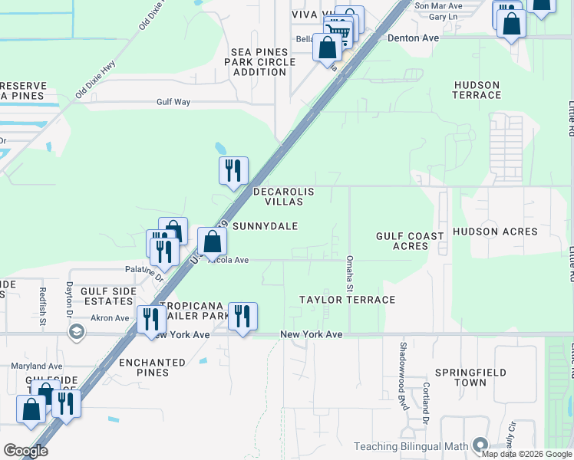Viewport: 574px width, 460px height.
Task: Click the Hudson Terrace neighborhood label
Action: pos(477,90)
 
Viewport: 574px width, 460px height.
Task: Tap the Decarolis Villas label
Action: pos(283,196)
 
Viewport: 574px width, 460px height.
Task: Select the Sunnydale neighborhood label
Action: pos(265,226)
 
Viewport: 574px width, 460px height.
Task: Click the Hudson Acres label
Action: pos(495,231)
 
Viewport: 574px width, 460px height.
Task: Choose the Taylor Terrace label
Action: pos(347,300)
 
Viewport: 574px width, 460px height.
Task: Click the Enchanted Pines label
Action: pos(152,367)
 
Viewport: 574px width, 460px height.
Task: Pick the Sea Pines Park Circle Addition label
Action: pos(259,62)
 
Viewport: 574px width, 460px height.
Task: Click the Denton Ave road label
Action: pos(413,37)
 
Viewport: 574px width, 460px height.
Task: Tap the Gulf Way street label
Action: pos(173,100)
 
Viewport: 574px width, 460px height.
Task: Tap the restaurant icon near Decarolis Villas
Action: pos(233,171)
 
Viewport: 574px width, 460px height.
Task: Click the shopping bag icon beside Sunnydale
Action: pos(213,242)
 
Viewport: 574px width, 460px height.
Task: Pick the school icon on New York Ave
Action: pos(76,331)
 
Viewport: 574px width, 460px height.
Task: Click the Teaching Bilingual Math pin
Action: pos(480,445)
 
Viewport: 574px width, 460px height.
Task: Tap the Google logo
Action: pos(25,451)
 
